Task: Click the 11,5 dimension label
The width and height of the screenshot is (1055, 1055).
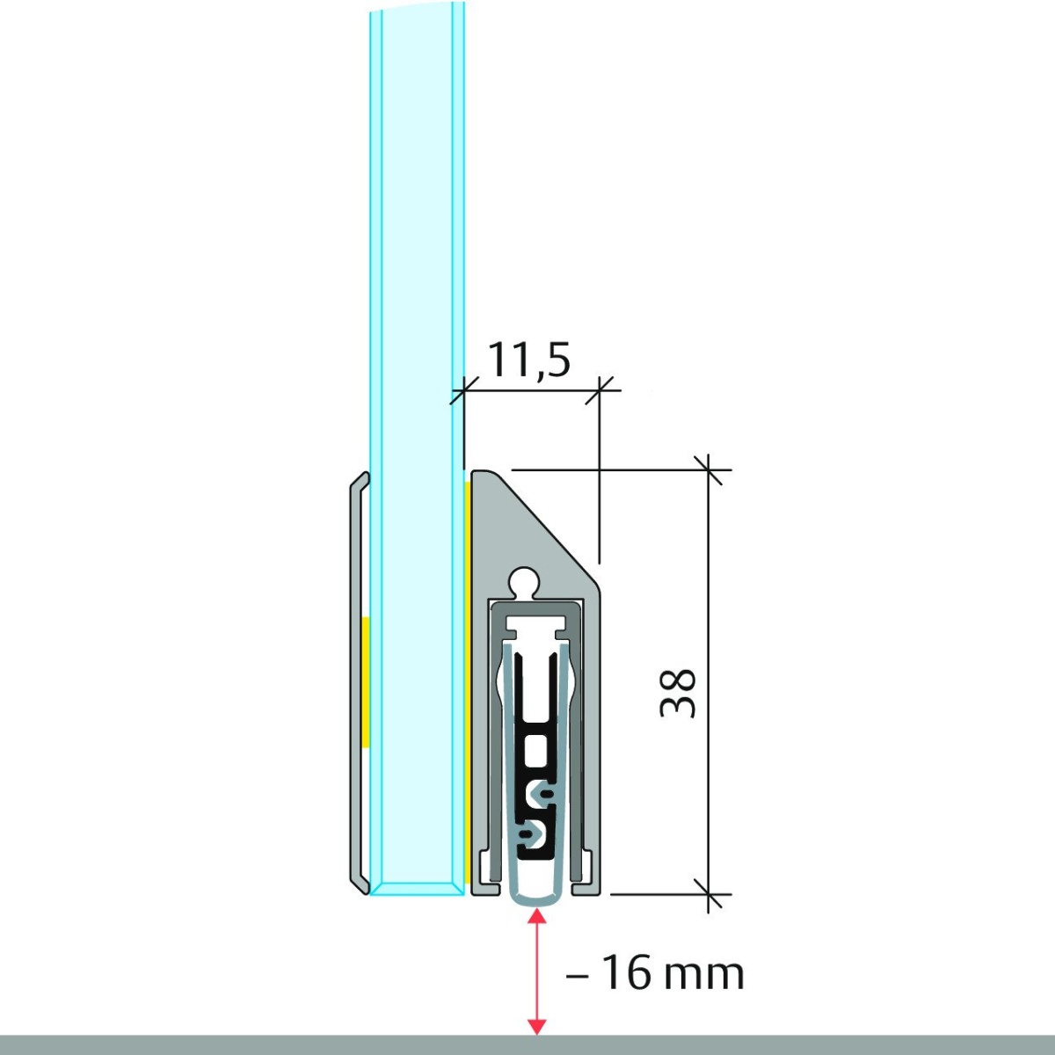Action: click(x=528, y=360)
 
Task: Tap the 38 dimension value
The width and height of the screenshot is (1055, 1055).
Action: click(x=678, y=692)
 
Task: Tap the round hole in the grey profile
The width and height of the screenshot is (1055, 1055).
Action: click(x=525, y=582)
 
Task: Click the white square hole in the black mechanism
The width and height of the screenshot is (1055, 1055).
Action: click(x=536, y=750)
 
